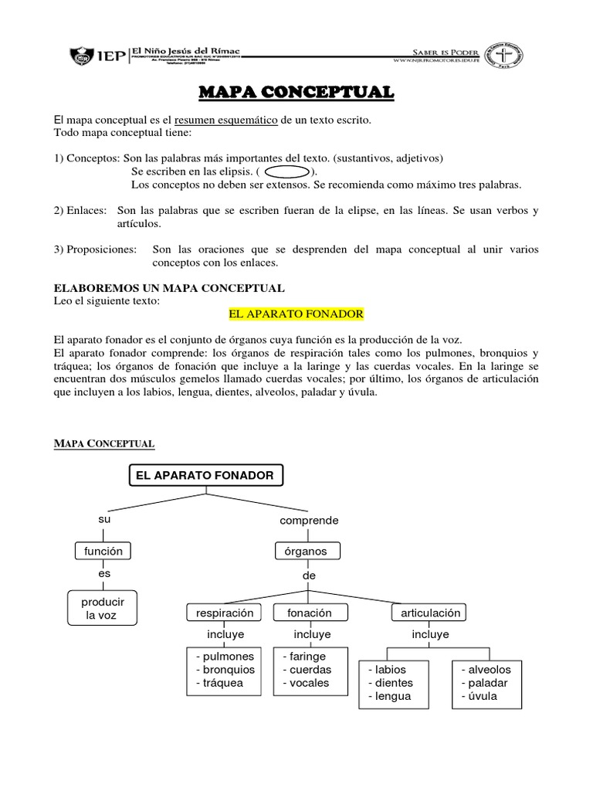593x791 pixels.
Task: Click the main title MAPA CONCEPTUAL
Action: point(296,93)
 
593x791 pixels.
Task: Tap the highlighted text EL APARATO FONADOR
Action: point(296,315)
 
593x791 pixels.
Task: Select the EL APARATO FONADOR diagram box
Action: point(205,476)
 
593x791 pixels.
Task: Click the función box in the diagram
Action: point(103,551)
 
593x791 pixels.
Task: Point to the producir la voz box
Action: point(103,608)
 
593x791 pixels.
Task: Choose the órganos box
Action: point(307,551)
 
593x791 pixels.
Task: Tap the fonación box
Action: point(309,613)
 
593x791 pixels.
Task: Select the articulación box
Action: point(430,613)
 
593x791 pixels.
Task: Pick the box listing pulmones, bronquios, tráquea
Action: point(225,670)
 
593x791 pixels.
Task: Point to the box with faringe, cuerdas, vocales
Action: point(308,670)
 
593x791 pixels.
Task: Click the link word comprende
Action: point(309,521)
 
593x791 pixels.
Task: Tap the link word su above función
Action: point(105,519)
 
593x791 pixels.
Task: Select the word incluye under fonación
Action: point(309,634)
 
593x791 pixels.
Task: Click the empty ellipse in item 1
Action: point(289,171)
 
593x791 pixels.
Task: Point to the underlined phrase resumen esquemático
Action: point(225,121)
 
